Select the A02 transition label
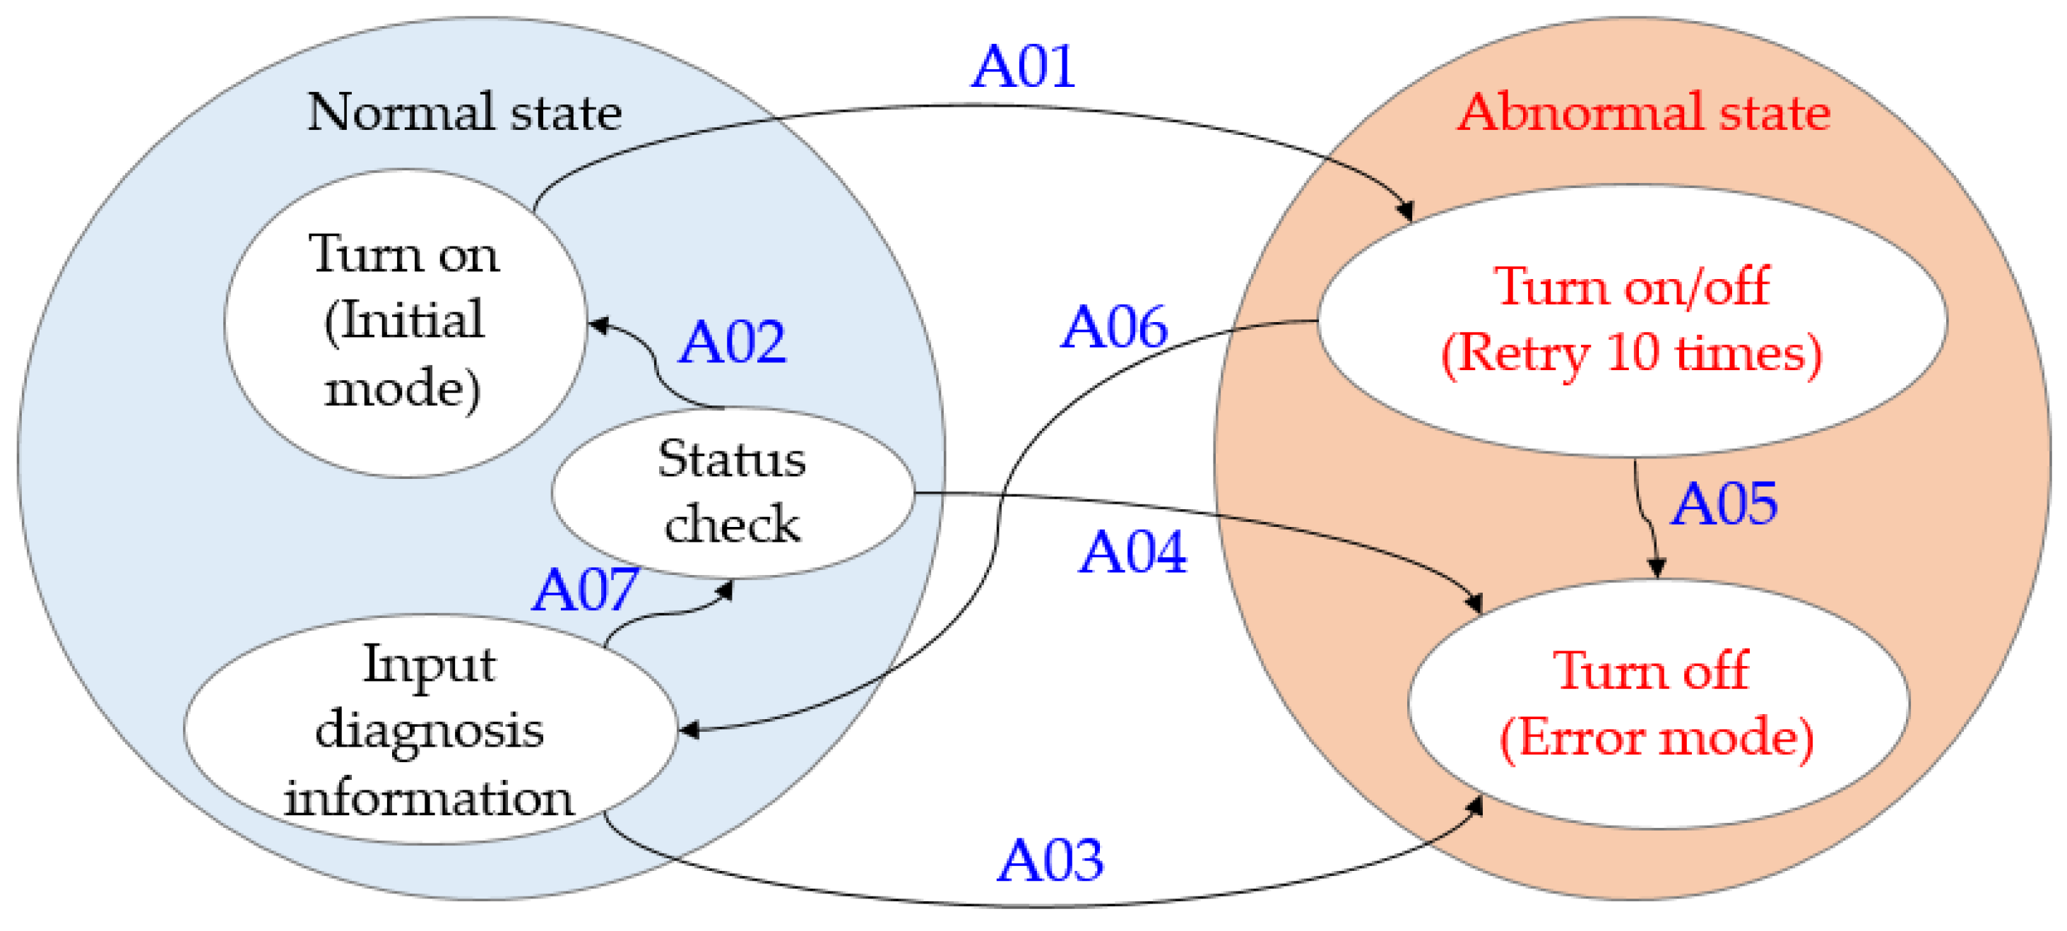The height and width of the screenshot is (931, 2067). [x=732, y=342]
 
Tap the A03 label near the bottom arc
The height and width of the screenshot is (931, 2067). [x=1050, y=860]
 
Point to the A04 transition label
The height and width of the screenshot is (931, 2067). [x=1132, y=552]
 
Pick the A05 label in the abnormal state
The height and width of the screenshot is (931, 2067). [x=1724, y=504]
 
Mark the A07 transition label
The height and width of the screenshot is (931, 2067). [x=585, y=590]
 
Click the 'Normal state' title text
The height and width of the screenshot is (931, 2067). [x=465, y=112]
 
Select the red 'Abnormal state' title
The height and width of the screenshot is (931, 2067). [x=1643, y=112]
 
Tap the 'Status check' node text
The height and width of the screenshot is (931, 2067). [x=732, y=491]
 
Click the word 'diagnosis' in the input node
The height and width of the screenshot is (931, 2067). [x=430, y=730]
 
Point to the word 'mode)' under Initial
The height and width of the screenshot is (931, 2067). [x=403, y=389]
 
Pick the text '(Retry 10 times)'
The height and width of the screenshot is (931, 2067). [x=1631, y=353]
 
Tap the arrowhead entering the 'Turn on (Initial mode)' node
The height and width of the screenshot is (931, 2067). [x=598, y=325]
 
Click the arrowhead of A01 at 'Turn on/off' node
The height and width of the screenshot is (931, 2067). [x=1406, y=211]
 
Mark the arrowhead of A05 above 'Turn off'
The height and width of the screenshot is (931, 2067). [x=1657, y=568]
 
